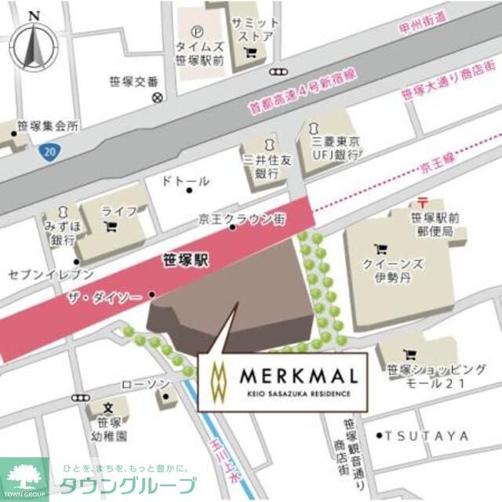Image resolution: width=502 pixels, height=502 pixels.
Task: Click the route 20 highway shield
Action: (x=49, y=149)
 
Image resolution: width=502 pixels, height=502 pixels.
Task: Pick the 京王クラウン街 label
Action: (x=240, y=216)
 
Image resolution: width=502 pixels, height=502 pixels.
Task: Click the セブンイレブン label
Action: (x=51, y=275)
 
